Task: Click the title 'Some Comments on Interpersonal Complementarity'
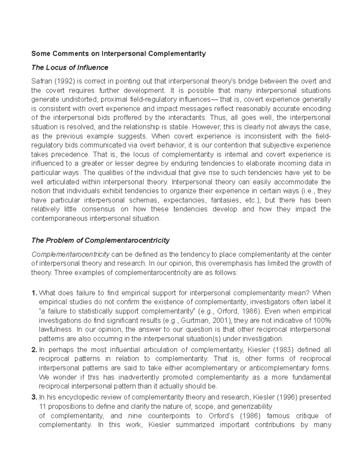118,54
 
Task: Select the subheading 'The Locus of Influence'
70,68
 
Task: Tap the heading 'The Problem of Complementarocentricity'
100,240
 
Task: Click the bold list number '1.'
34,293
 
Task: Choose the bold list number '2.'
34,350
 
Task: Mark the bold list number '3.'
34,397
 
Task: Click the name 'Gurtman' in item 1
192,320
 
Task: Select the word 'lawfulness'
55,329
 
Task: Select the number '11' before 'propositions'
43,407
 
